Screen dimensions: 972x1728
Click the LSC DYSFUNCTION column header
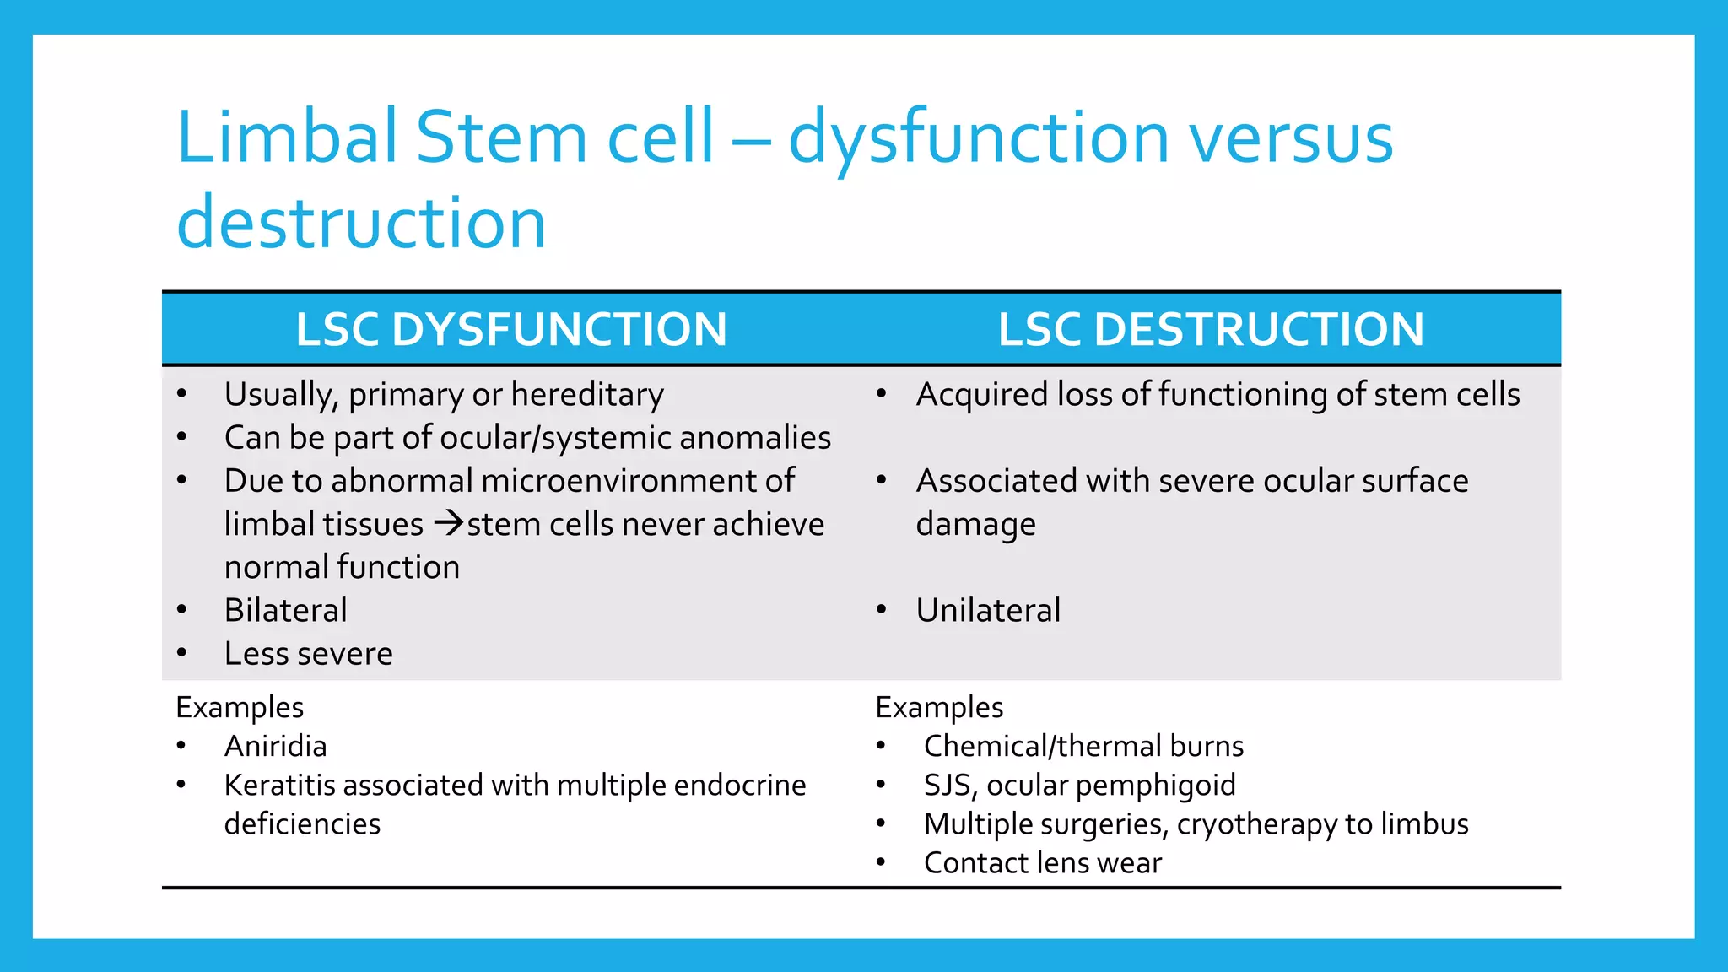pyautogui.click(x=511, y=329)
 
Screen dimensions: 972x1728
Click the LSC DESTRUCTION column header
pyautogui.click(x=1211, y=329)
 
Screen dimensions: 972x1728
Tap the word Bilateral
pyautogui.click(x=285, y=610)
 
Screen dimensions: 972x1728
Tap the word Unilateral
pyautogui.click(x=988, y=610)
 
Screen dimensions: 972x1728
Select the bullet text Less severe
pyautogui.click(x=308, y=654)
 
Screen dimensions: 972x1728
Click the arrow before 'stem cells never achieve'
pyautogui.click(x=449, y=524)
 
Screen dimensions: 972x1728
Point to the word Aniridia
pyautogui.click(x=275, y=746)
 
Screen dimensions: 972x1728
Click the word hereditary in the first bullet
pyautogui.click(x=587, y=395)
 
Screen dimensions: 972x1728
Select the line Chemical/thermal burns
pyautogui.click(x=1083, y=746)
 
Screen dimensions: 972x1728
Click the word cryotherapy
pyautogui.click(x=1256, y=824)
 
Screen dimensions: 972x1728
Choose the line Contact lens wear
pyautogui.click(x=1042, y=863)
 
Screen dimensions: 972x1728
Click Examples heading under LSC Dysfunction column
pyautogui.click(x=240, y=707)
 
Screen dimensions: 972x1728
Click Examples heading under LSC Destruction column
pyautogui.click(x=939, y=707)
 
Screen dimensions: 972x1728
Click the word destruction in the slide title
pyautogui.click(x=361, y=223)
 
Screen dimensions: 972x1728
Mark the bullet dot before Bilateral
pyautogui.click(x=182, y=609)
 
